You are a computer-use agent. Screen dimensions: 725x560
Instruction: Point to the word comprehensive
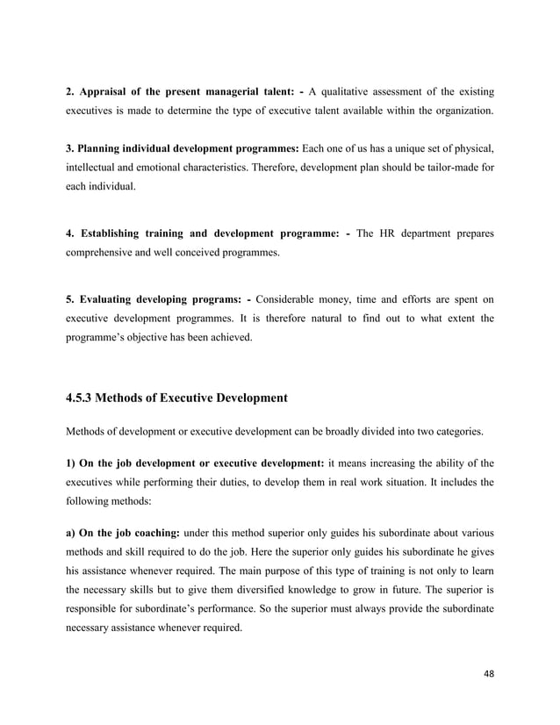[105, 253]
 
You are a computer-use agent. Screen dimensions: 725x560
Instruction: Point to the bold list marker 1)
[71, 463]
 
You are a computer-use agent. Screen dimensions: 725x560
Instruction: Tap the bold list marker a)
[71, 534]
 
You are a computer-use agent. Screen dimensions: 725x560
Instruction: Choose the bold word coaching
[158, 534]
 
